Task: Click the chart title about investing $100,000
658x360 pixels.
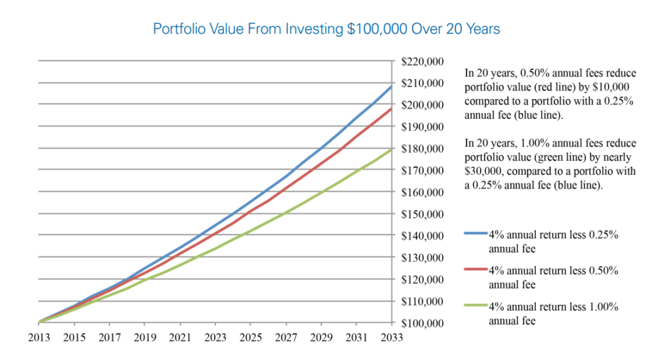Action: [326, 29]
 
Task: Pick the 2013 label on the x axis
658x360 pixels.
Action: [40, 337]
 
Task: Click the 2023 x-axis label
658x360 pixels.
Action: [216, 337]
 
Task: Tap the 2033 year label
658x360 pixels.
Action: [392, 337]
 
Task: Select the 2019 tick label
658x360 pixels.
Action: [145, 337]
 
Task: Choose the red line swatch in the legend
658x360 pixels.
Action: [476, 271]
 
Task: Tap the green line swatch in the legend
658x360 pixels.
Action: [476, 307]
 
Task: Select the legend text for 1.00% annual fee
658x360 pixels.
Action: [553, 314]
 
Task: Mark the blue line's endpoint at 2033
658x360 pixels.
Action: [391, 85]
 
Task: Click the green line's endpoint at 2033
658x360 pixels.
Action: [391, 149]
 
